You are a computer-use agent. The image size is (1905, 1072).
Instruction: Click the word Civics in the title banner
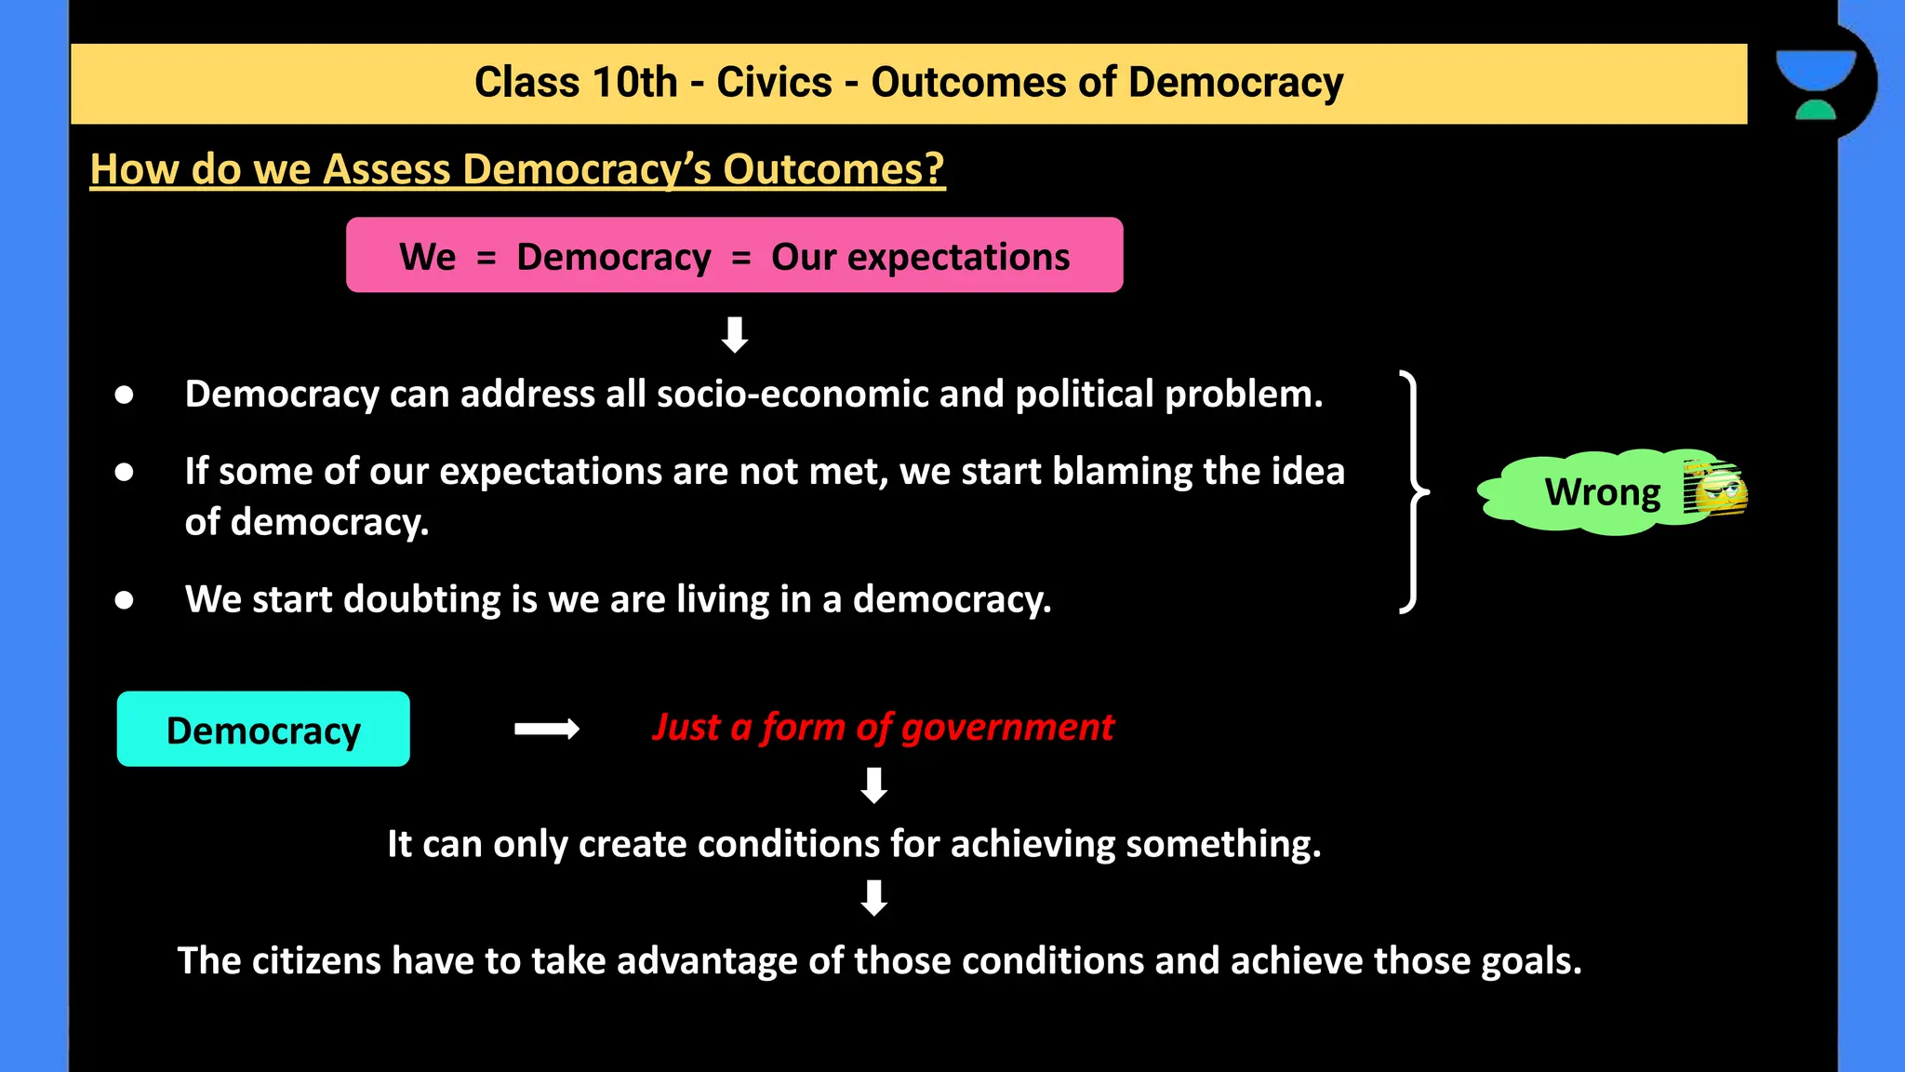tap(773, 83)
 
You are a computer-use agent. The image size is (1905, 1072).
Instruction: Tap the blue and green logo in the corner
tap(1815, 85)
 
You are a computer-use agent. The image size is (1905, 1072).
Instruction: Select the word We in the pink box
tap(427, 257)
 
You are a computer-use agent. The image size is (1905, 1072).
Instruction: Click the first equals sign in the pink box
tap(486, 258)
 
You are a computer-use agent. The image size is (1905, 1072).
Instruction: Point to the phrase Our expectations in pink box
tap(920, 257)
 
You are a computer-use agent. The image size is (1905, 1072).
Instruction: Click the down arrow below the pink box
tap(735, 334)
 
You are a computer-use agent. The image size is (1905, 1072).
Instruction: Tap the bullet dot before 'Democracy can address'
tap(124, 395)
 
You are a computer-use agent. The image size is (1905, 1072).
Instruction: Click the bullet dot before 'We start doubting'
tap(124, 600)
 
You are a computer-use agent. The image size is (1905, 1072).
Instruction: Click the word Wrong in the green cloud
tap(1602, 492)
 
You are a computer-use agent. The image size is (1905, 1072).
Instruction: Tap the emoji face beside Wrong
tap(1716, 489)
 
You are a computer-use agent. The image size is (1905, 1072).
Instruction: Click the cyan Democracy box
tap(263, 730)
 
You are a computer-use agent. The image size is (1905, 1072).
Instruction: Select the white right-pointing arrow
tap(547, 729)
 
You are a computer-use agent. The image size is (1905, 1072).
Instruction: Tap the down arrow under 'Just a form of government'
tap(873, 785)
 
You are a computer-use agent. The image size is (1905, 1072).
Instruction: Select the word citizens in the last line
tap(315, 961)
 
